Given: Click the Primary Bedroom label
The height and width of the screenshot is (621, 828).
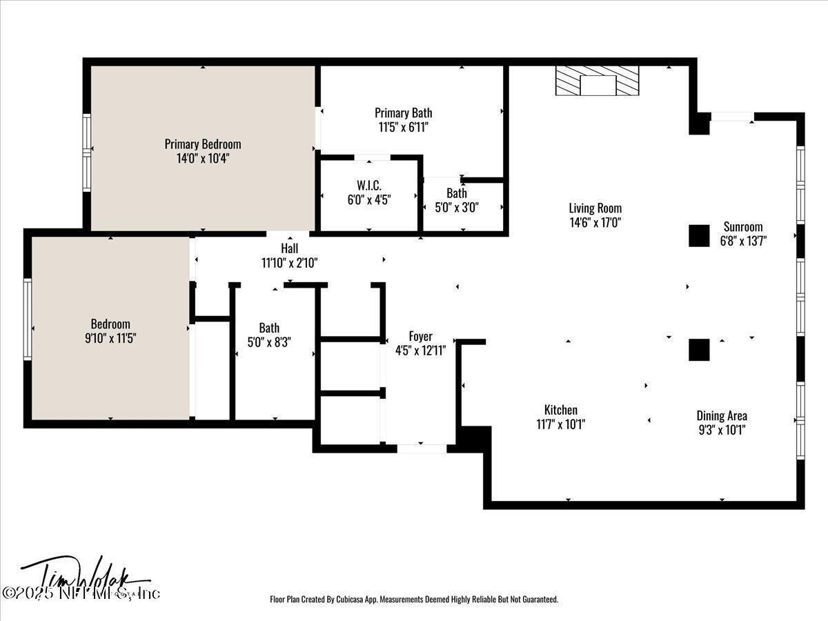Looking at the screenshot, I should [x=203, y=144].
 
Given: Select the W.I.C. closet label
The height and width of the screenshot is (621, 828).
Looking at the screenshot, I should [x=369, y=186].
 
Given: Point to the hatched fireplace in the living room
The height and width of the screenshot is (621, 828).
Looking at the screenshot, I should [x=598, y=81].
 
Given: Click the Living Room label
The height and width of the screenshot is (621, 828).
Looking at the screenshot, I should [x=595, y=208].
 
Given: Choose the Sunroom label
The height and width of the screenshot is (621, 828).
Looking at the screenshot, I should [x=742, y=226].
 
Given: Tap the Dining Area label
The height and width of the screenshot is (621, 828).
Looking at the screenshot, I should [x=721, y=415].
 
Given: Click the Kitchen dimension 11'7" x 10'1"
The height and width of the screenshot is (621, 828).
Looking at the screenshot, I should [x=560, y=424].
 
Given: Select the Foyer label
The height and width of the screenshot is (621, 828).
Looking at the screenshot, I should [x=420, y=336].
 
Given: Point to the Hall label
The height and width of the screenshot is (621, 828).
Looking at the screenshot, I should [x=289, y=248].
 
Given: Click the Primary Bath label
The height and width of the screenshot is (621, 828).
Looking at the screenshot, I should [x=404, y=112].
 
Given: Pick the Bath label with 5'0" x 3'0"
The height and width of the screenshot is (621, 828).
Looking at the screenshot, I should [x=456, y=193].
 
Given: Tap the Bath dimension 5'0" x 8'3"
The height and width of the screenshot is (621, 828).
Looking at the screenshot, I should [x=269, y=342].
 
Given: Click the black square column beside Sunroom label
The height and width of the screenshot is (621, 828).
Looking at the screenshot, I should [x=699, y=236].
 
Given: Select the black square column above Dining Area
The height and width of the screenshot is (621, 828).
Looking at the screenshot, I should [x=699, y=349].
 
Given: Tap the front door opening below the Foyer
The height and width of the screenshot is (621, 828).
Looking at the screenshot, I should [x=422, y=448].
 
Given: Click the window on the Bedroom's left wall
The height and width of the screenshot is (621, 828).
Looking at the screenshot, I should [x=28, y=318].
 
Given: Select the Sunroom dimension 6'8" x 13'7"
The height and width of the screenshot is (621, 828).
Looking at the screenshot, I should [x=742, y=240].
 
